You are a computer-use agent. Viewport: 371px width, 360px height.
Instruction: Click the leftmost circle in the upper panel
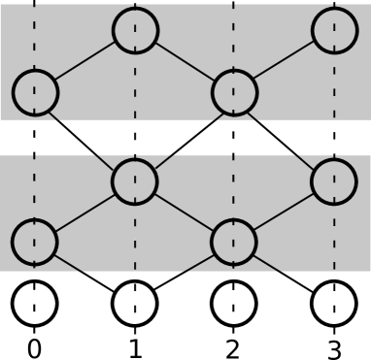click(35, 92)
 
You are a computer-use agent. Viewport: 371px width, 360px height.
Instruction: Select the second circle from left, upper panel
click(135, 30)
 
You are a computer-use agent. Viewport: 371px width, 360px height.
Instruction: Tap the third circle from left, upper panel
click(234, 92)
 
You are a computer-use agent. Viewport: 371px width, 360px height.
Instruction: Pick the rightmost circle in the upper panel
click(334, 30)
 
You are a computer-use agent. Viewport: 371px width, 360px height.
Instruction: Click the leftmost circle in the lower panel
click(35, 242)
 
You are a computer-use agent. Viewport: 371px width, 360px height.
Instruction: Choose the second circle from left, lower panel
click(135, 181)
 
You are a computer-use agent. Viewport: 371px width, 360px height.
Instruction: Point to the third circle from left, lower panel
click(234, 242)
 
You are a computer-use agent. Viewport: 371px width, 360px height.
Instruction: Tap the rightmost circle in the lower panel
click(334, 181)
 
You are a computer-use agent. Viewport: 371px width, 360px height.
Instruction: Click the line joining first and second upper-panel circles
click(85, 61)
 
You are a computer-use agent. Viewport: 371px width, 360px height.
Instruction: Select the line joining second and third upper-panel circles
click(185, 61)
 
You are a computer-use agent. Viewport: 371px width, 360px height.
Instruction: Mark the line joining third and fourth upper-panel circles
click(284, 61)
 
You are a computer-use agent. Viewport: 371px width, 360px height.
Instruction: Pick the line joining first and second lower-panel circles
click(85, 212)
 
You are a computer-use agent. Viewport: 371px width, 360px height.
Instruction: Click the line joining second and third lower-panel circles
click(185, 212)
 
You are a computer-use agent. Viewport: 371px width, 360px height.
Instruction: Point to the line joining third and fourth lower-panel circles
click(284, 212)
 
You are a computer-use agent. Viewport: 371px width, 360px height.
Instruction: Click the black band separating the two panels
click(185, 137)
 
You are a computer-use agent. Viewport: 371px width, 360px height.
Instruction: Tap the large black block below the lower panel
click(185, 315)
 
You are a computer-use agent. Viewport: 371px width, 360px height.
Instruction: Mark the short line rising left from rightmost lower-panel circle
click(303, 161)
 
